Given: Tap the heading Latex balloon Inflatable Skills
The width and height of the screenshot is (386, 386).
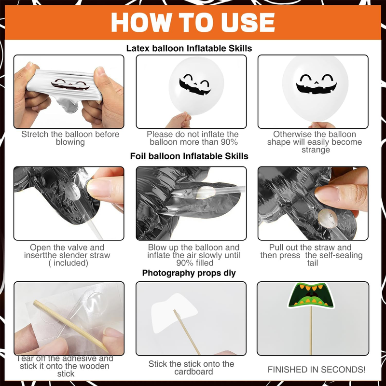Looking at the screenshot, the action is pos(189,48).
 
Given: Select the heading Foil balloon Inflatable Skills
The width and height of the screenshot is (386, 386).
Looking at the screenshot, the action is pos(189,156).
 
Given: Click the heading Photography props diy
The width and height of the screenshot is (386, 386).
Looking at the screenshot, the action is pos(189,273).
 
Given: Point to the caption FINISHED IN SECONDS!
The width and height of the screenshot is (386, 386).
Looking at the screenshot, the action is pos(317,370).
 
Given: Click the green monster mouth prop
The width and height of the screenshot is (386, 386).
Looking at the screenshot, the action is pos(311,295).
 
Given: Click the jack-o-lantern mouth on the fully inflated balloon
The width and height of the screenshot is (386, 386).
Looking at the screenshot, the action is pos(317,88).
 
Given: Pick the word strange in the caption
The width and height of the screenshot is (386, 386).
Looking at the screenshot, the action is pos(316,150).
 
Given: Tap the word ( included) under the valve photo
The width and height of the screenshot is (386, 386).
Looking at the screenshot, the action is pos(68,263).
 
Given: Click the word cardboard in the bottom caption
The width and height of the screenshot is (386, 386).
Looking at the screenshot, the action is pos(194,372).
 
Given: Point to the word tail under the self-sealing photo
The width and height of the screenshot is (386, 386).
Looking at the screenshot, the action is pos(312,263).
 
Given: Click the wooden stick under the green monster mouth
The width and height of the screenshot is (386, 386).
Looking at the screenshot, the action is pos(311,331).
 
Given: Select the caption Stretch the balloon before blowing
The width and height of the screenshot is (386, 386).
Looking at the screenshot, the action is pos(70,138).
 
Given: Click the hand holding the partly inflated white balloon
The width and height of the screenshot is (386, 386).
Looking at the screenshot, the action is pos(179,120).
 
